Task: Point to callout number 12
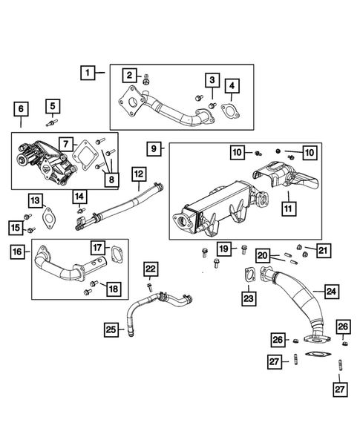click(x=138, y=174)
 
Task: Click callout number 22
click(x=151, y=268)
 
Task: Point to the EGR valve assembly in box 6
click(x=41, y=162)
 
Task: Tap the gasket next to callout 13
click(x=50, y=220)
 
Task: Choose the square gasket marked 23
click(x=250, y=276)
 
